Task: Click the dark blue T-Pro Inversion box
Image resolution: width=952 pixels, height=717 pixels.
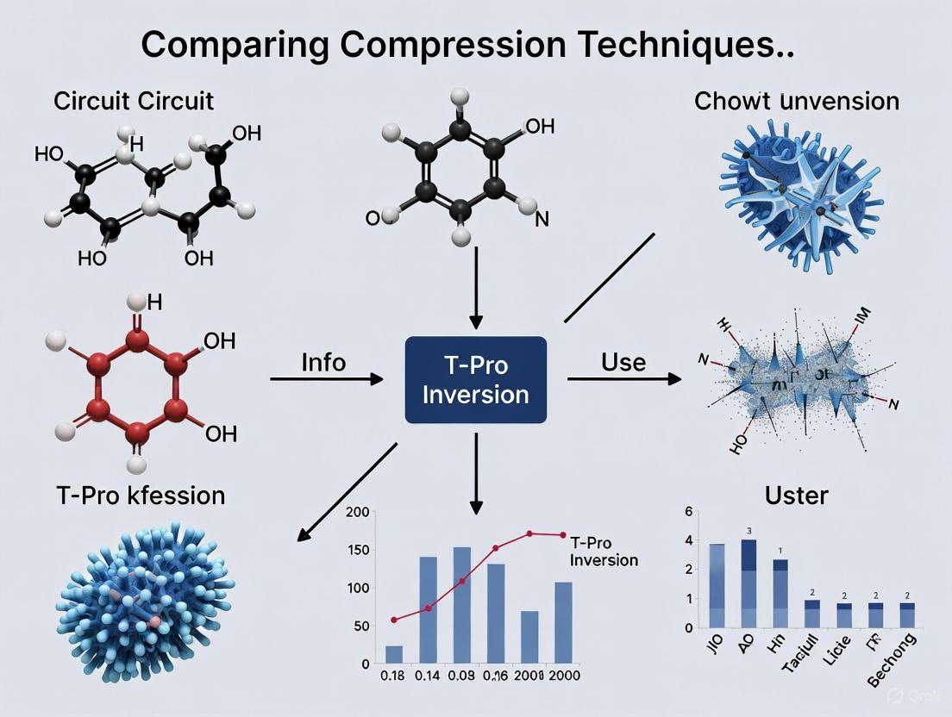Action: point(475,379)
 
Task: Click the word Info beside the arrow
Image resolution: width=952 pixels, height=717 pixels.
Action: point(323,362)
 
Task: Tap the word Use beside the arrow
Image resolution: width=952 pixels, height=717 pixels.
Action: point(623,361)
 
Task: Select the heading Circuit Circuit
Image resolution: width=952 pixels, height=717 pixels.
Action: point(134,101)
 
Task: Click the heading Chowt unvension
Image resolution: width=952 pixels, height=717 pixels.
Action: point(796,101)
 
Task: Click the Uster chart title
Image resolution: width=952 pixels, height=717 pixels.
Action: point(796,495)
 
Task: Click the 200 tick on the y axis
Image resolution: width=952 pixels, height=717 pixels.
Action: point(357,513)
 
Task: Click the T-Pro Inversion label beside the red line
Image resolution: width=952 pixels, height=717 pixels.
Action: point(604,552)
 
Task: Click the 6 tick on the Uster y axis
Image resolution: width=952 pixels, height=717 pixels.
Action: point(688,512)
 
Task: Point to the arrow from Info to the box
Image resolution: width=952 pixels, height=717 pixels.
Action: point(327,378)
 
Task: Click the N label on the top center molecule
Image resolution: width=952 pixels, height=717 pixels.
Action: point(542,219)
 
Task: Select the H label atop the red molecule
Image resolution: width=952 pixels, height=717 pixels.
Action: point(154,302)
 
